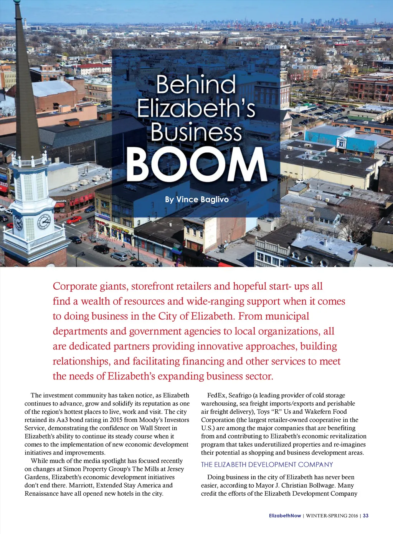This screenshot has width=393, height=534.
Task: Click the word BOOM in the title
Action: [196, 165]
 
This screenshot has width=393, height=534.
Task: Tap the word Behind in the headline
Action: [196, 85]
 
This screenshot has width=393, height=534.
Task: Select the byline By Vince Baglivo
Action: [196, 199]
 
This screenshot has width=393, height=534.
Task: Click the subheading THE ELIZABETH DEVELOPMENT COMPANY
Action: [267, 465]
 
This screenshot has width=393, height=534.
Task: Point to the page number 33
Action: [366, 516]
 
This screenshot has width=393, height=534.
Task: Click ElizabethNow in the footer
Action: [285, 516]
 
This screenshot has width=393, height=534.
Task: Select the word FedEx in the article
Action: [216, 395]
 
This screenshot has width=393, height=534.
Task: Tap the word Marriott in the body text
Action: [81, 485]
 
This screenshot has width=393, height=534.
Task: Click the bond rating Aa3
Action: [62, 420]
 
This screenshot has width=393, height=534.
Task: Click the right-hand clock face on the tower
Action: [44, 221]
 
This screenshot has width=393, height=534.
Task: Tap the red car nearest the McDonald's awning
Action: [74, 219]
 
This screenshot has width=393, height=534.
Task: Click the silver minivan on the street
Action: [119, 256]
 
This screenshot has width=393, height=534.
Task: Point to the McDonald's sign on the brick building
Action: [60, 201]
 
